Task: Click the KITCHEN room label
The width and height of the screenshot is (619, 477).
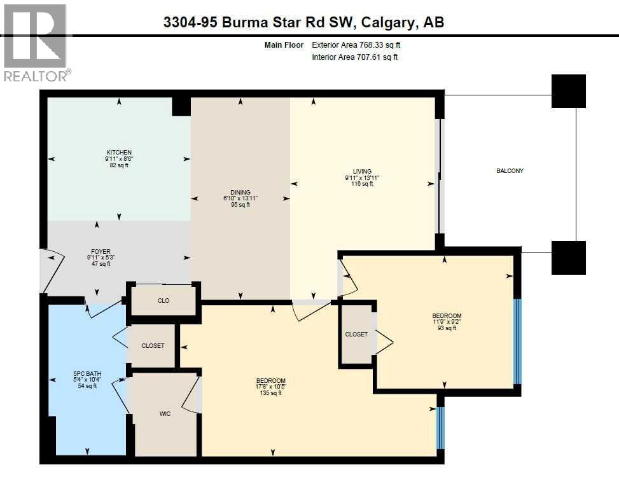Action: [119, 153]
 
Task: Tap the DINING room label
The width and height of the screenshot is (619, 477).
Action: [240, 193]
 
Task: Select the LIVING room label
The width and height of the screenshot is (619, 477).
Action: [362, 172]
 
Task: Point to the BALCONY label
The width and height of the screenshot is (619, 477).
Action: [510, 171]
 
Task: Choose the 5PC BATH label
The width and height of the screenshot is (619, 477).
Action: [87, 373]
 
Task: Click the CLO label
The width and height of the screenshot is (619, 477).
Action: [163, 301]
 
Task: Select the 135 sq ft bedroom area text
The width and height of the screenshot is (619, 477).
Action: [272, 393]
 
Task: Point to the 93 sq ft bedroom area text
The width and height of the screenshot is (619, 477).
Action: [447, 328]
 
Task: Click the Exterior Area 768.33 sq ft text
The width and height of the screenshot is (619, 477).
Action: [356, 45]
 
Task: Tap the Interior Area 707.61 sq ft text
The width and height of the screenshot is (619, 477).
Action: [354, 57]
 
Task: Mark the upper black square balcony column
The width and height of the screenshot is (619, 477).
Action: [568, 91]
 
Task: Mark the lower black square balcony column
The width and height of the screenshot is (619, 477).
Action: [568, 258]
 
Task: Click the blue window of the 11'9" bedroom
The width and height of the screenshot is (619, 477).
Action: [517, 342]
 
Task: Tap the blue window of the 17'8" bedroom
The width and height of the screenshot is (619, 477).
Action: [440, 427]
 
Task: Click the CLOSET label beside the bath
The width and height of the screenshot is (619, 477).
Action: [153, 346]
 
